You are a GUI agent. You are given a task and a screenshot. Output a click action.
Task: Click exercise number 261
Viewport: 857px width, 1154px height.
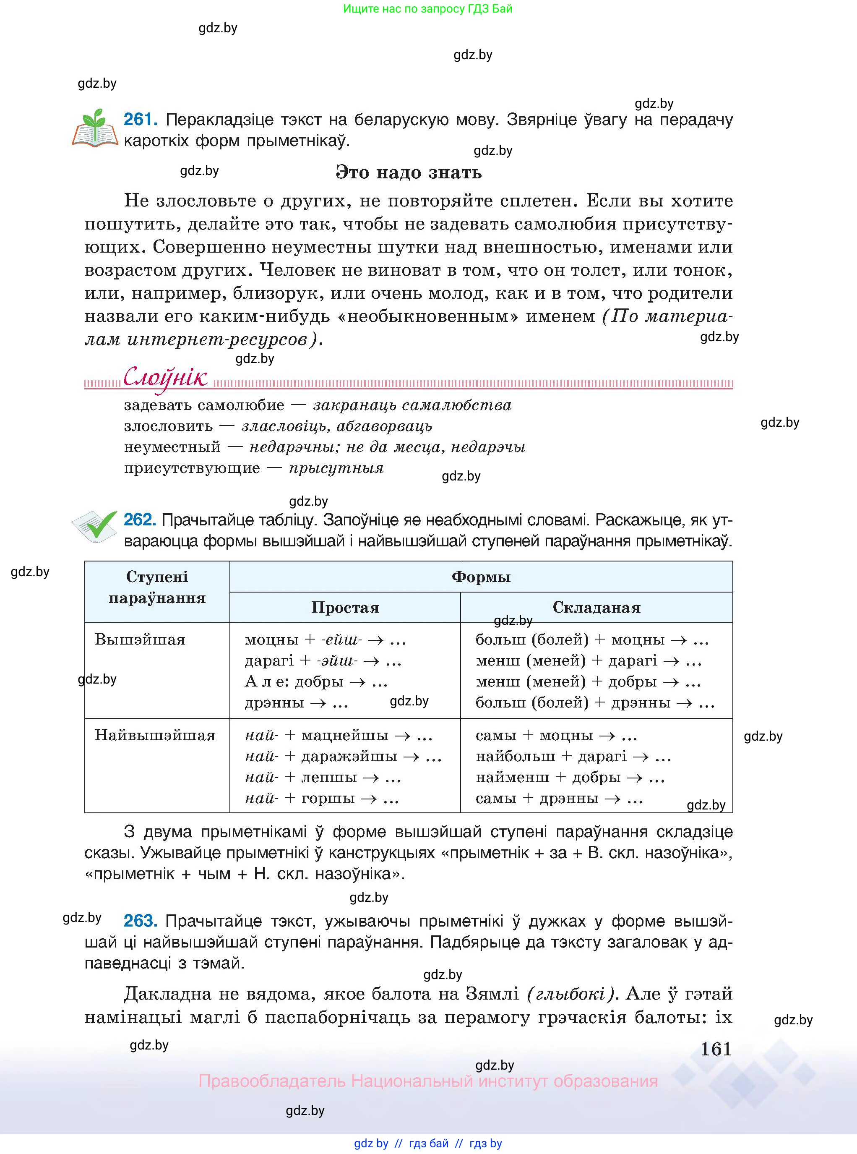click(140, 120)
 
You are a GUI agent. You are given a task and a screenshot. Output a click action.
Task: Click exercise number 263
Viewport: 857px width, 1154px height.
click(140, 921)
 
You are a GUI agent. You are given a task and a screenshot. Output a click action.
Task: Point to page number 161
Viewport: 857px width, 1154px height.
click(716, 1049)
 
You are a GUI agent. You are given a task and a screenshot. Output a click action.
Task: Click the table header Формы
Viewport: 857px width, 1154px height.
click(481, 577)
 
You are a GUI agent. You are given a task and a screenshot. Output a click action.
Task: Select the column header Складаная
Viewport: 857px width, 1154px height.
click(596, 608)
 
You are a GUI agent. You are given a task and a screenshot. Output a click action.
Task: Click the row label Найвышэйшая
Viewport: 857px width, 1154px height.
click(155, 735)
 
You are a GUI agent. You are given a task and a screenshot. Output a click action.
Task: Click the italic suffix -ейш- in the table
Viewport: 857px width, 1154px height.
click(341, 640)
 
